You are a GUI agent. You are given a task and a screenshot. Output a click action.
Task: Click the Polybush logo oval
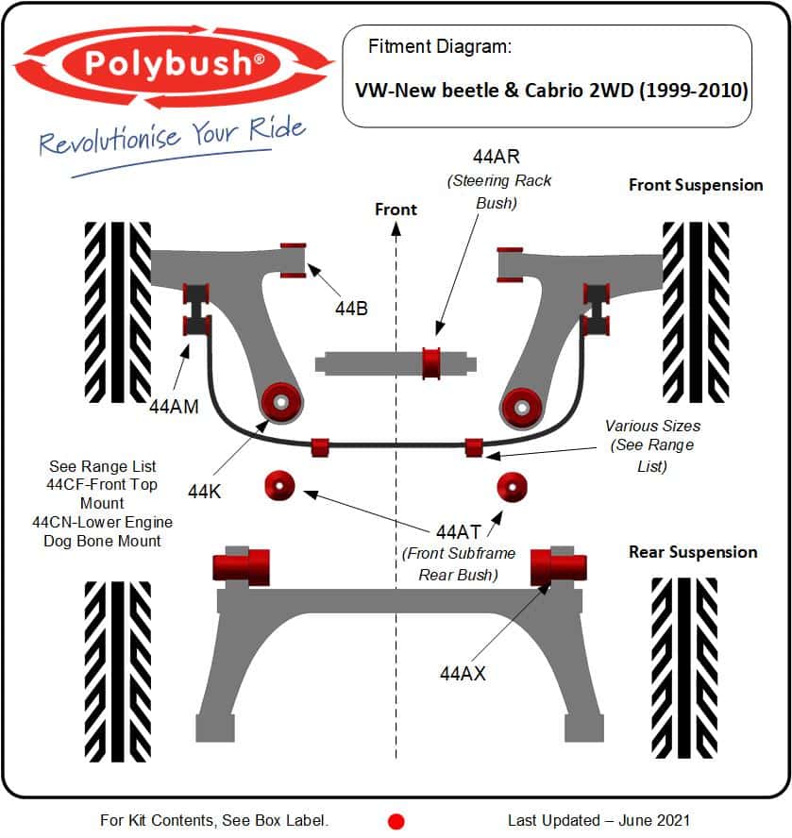tap(173, 63)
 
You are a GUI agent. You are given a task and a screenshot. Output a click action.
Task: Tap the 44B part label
tap(351, 307)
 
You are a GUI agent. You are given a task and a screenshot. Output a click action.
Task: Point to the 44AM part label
tap(174, 407)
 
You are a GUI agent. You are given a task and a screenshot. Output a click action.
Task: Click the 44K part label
tap(204, 491)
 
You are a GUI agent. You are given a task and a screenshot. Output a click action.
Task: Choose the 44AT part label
tap(458, 532)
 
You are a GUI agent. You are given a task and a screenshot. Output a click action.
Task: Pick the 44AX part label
tap(463, 673)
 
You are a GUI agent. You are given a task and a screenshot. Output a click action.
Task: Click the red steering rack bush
tap(431, 362)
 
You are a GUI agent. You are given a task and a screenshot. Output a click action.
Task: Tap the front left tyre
tap(117, 312)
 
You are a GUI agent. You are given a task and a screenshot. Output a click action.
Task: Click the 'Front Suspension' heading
tap(696, 185)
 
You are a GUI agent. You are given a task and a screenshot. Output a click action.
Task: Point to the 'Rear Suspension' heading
tap(693, 552)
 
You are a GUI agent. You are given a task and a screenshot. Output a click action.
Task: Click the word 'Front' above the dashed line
tap(396, 209)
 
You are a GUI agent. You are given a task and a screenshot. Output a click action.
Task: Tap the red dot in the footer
tap(396, 821)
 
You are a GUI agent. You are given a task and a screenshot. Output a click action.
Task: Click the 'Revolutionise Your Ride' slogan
tap(172, 135)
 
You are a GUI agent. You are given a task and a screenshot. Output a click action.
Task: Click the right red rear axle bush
tap(559, 565)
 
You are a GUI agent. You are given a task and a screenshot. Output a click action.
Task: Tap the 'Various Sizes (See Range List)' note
tap(652, 445)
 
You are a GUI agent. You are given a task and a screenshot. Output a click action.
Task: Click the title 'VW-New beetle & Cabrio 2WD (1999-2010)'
tap(551, 91)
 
